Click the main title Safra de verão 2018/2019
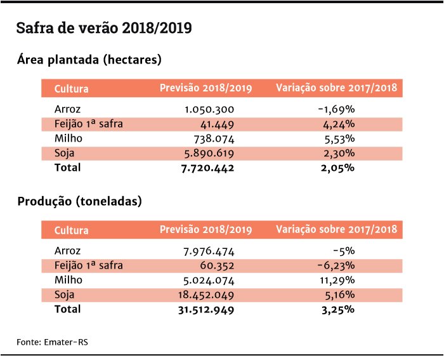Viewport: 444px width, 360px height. pos(104,28)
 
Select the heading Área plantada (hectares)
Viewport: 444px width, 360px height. pos(89,60)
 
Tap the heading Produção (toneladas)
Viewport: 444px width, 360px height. pos(79,201)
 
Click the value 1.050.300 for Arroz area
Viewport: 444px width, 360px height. pos(209,109)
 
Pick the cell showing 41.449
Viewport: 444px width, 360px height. pos(217,124)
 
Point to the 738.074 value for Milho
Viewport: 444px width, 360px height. pos(214,139)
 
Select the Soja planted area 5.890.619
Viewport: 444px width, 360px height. pos(209,154)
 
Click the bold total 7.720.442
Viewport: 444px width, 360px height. pos(207,168)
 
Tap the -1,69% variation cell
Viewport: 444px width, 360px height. pos(336,109)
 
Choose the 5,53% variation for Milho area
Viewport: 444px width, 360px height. pos(339,139)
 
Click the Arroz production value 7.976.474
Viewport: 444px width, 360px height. pos(209,251)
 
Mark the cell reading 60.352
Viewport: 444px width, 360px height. pos(217,266)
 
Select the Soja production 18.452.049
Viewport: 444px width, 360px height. pos(206,295)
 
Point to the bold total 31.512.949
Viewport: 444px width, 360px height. pos(206,310)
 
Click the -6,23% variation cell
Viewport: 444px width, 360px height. pos(336,265)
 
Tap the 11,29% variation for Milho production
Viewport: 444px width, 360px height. pos(337,281)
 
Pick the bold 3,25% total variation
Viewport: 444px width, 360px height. pos(338,310)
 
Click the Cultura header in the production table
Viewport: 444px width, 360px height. pos(71,230)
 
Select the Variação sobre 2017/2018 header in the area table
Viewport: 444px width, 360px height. pos(336,88)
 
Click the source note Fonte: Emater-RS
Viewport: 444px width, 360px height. pos(53,342)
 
